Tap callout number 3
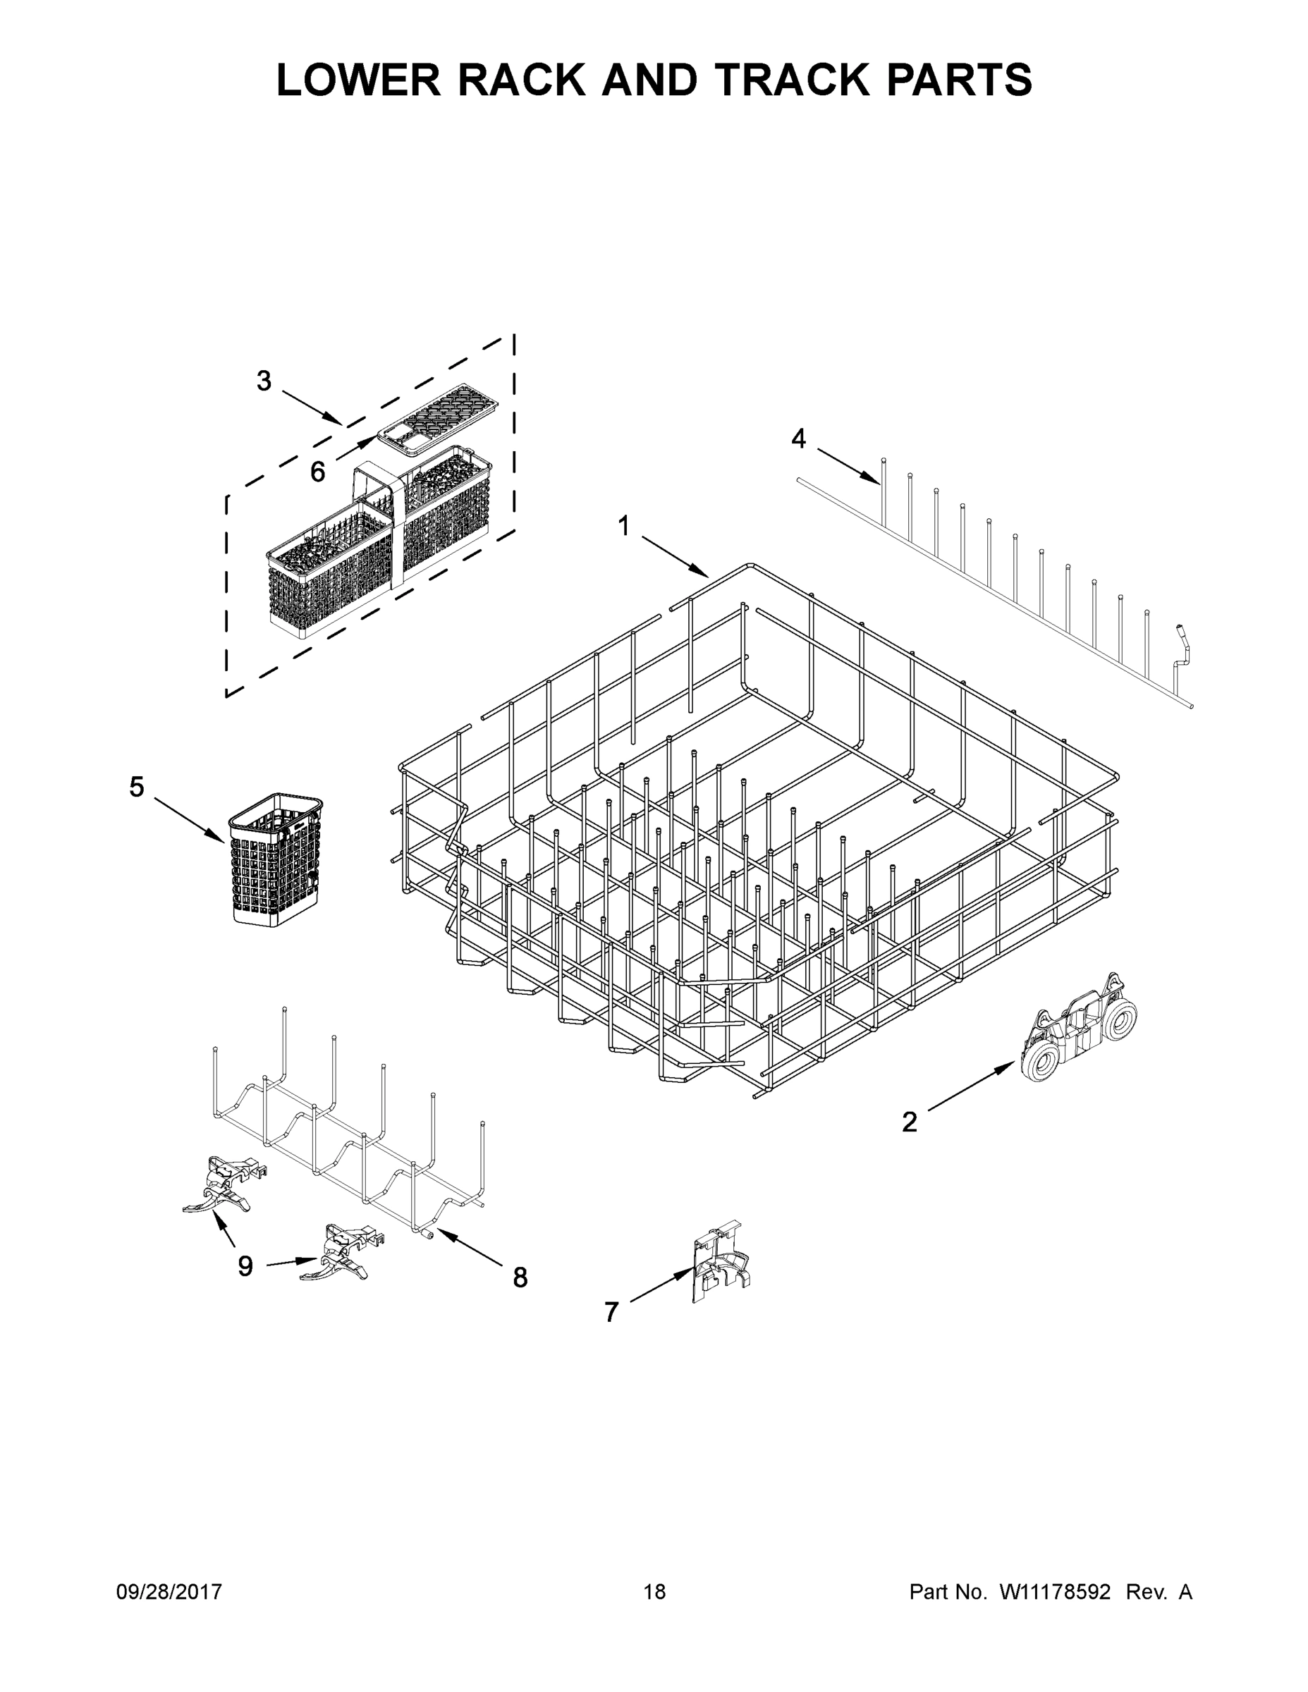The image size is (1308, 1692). coord(264,381)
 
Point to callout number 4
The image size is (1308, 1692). coord(798,439)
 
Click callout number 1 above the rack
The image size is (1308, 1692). coord(624,526)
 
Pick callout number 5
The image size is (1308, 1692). coord(136,787)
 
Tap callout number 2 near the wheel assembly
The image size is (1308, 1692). coord(910,1121)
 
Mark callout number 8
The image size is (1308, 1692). coord(520,1277)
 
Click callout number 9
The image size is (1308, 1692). coord(245,1266)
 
